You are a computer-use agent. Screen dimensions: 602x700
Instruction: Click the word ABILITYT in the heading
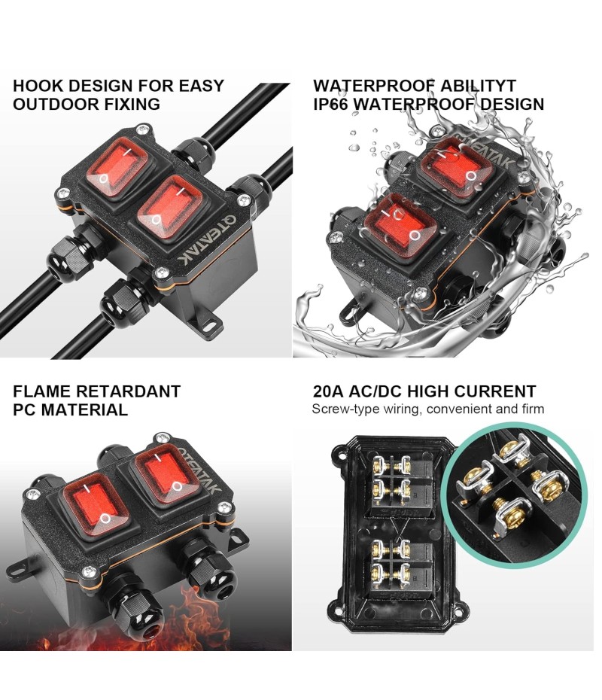(478, 85)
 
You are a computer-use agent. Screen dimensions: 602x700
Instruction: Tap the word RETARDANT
(128, 391)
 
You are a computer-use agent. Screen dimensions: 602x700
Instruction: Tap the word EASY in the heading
(201, 85)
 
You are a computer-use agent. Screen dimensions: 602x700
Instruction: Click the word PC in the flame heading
(26, 409)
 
